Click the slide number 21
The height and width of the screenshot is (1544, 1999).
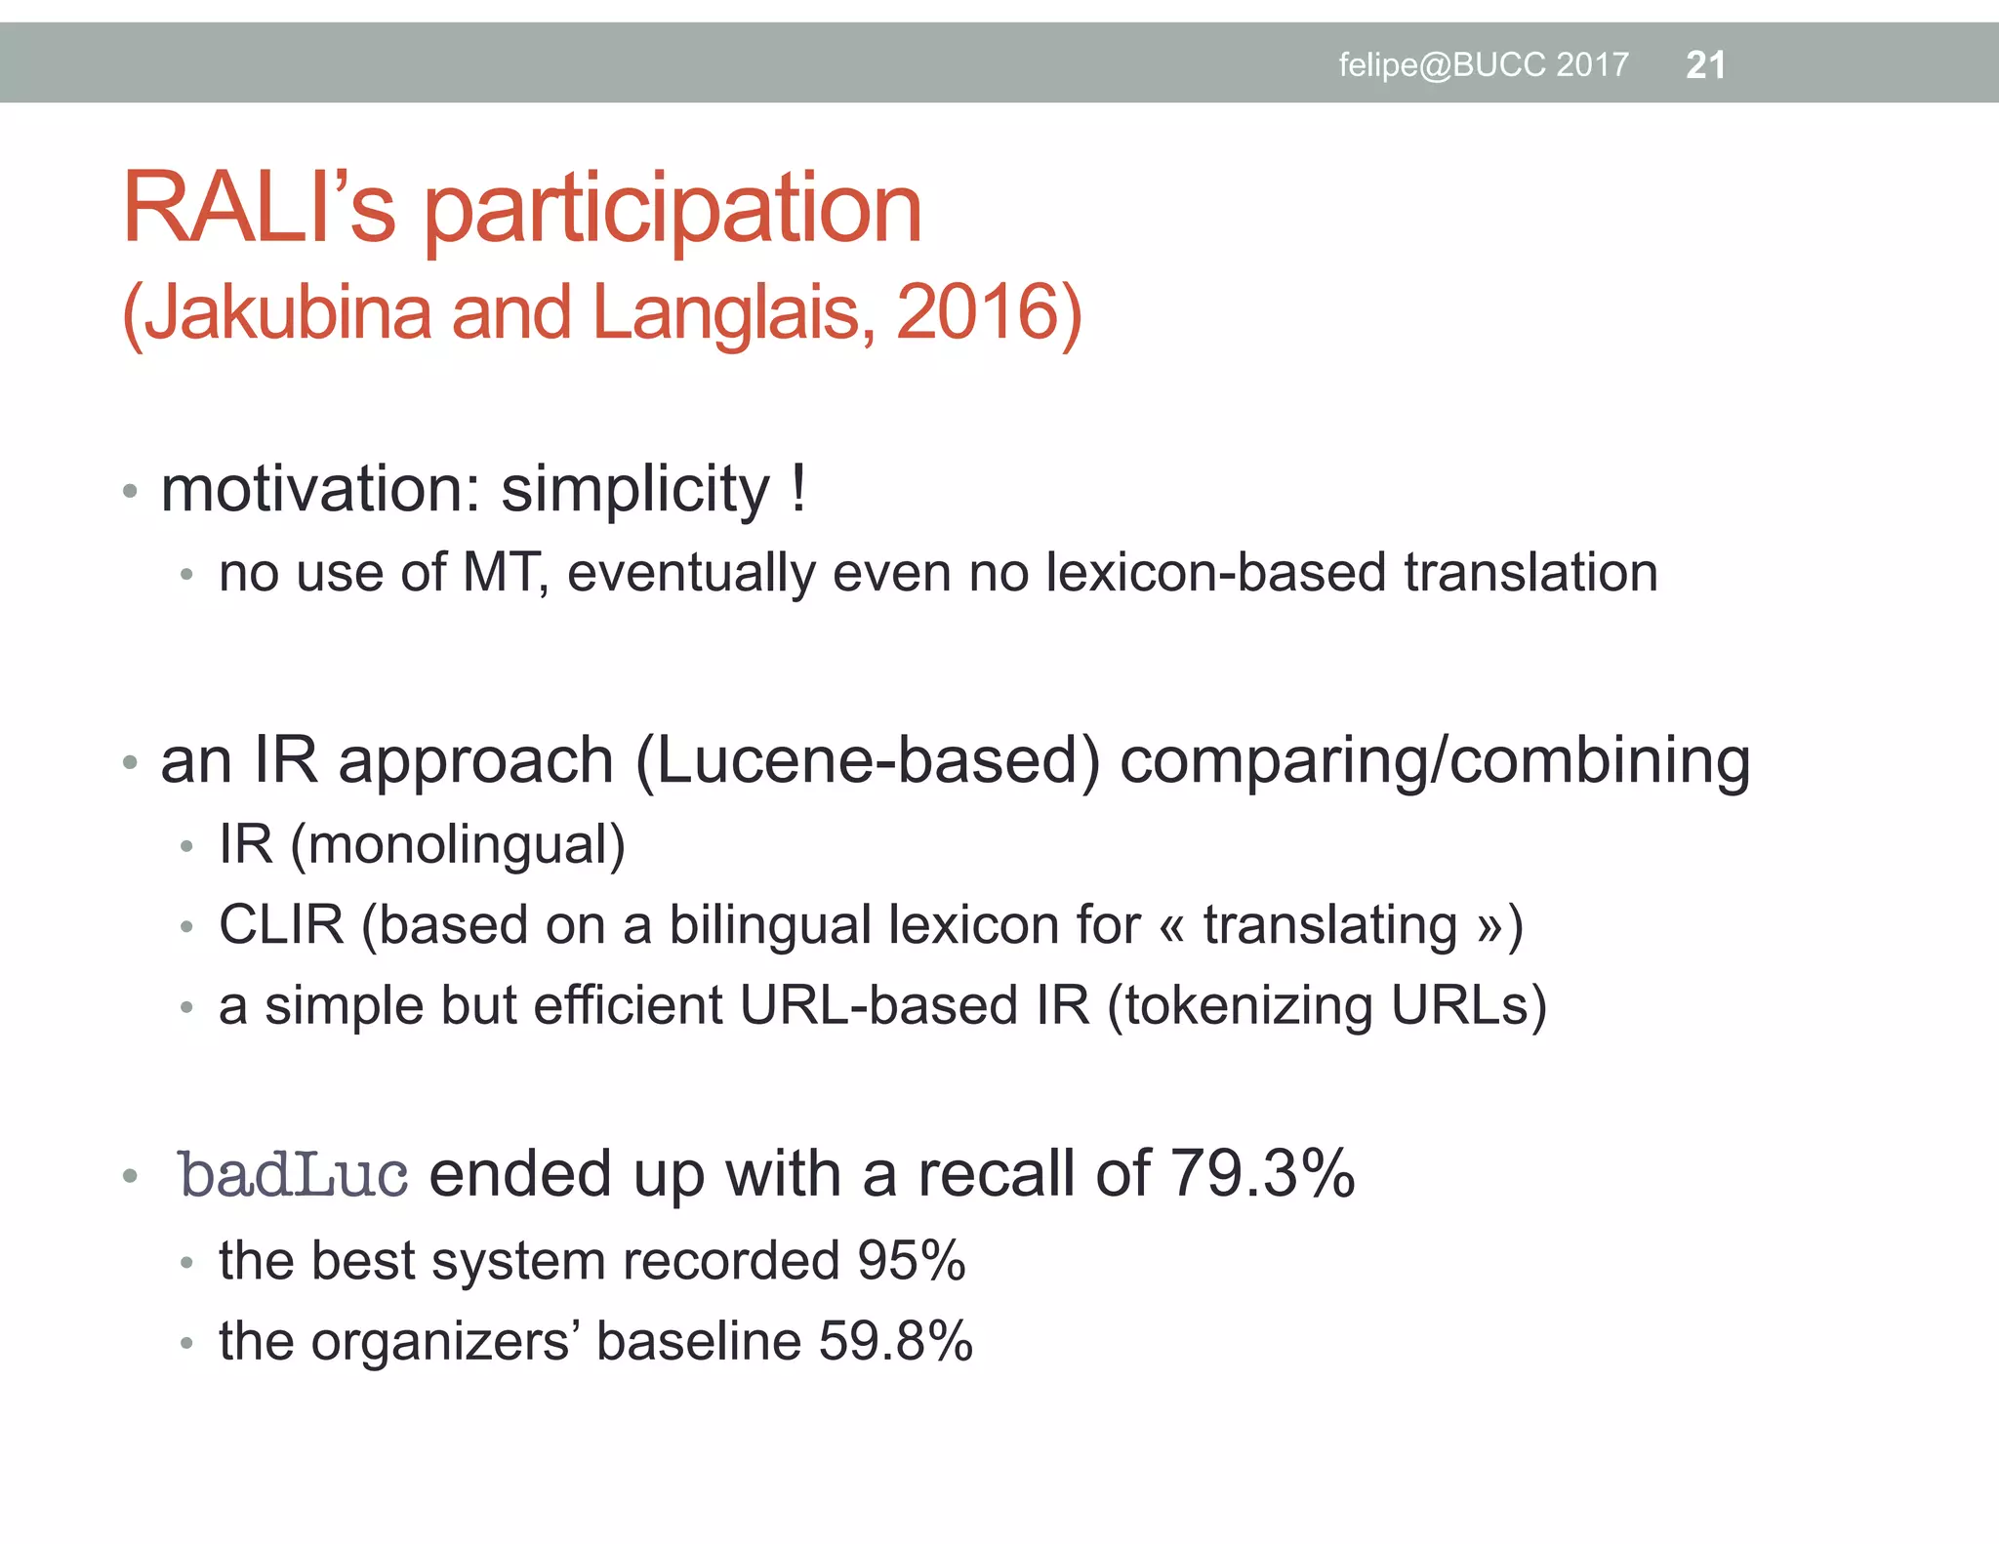pyautogui.click(x=1705, y=65)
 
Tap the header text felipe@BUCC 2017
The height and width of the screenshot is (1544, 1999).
pyautogui.click(x=1483, y=65)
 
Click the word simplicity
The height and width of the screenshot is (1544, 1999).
pyautogui.click(x=635, y=490)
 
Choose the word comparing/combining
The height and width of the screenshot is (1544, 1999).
pyautogui.click(x=1434, y=761)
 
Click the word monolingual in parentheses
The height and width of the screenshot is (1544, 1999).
pyautogui.click(x=458, y=845)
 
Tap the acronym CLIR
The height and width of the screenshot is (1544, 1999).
pyautogui.click(x=281, y=925)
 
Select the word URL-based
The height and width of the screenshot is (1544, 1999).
pyautogui.click(x=878, y=1006)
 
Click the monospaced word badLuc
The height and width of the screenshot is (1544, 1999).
pyautogui.click(x=293, y=1174)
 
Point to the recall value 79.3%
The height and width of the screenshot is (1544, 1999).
pyautogui.click(x=1262, y=1174)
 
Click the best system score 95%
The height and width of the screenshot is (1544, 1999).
pyautogui.click(x=911, y=1261)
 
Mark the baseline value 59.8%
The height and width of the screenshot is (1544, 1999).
pyautogui.click(x=895, y=1342)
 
